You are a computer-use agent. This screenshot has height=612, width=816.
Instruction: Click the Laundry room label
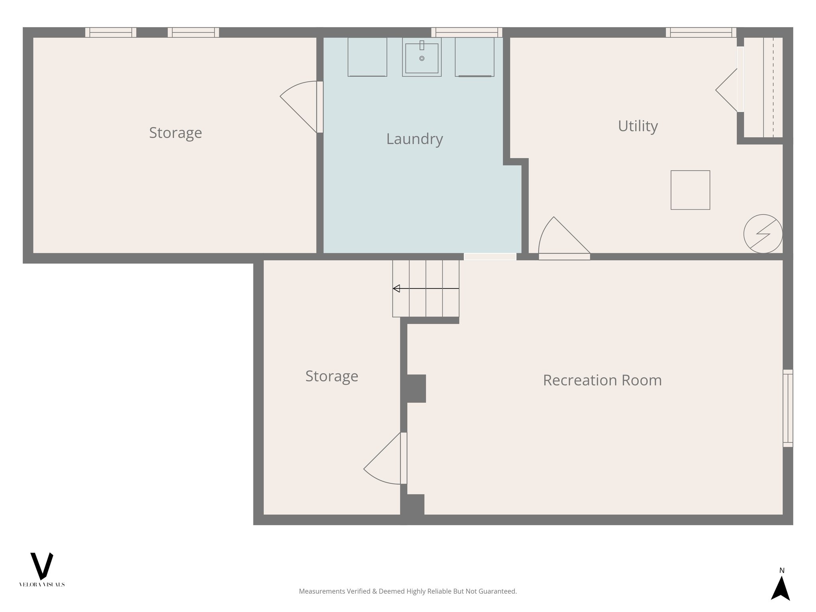click(x=414, y=139)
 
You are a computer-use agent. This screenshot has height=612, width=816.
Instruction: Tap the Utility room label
click(x=637, y=126)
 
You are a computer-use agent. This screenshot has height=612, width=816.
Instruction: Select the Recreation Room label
click(x=602, y=380)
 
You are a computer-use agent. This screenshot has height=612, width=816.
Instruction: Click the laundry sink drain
click(x=422, y=59)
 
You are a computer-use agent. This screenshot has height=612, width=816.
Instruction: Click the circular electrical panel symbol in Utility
click(x=763, y=234)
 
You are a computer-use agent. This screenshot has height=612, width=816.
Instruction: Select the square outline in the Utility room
click(x=690, y=190)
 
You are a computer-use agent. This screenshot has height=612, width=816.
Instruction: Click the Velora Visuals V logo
click(x=41, y=566)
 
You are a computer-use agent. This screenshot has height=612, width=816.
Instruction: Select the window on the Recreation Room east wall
click(x=788, y=408)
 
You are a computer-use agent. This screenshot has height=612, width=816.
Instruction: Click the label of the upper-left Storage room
click(x=175, y=133)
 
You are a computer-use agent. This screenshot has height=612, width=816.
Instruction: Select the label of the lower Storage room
click(x=331, y=376)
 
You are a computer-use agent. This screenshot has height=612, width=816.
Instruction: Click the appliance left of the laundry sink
click(x=367, y=57)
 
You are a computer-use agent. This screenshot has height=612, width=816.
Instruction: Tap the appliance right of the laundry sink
click(x=474, y=57)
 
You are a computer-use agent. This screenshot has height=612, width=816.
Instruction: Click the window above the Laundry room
click(x=467, y=32)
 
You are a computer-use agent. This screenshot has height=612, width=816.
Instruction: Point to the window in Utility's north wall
click(x=701, y=32)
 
